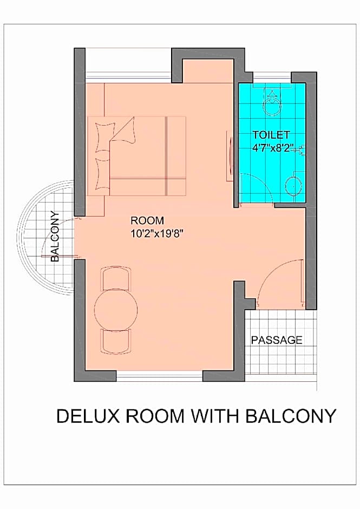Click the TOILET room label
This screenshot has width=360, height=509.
[x=271, y=134]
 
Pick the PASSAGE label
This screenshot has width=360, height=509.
[x=277, y=340]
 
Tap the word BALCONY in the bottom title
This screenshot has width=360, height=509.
[x=291, y=416]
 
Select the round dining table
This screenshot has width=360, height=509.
[x=116, y=309]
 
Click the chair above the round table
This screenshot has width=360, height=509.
[x=116, y=278]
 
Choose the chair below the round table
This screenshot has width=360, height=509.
[x=116, y=341]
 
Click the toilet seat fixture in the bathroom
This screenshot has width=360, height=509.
[x=271, y=101]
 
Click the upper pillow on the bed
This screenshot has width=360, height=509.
[x=104, y=137]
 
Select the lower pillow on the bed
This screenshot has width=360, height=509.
[x=103, y=174]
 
